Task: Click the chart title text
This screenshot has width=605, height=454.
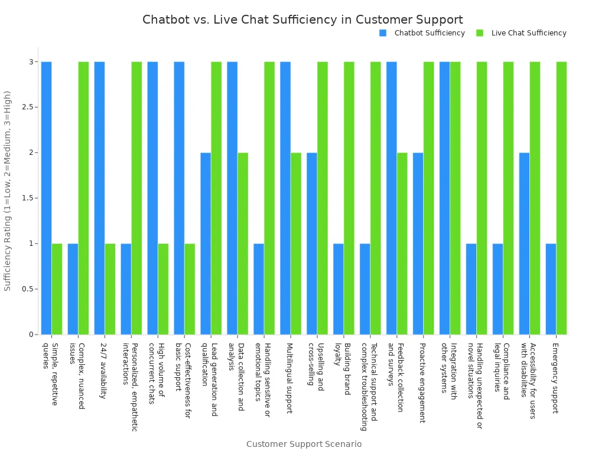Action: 302,20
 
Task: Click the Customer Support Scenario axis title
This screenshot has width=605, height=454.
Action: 304,444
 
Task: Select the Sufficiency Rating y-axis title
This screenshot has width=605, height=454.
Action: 8,190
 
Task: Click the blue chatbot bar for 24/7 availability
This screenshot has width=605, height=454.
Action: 99,198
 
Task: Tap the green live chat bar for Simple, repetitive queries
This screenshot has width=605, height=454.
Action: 57,289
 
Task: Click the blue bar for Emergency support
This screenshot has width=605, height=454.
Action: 551,289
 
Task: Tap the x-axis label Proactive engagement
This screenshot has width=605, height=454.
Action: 422,382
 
